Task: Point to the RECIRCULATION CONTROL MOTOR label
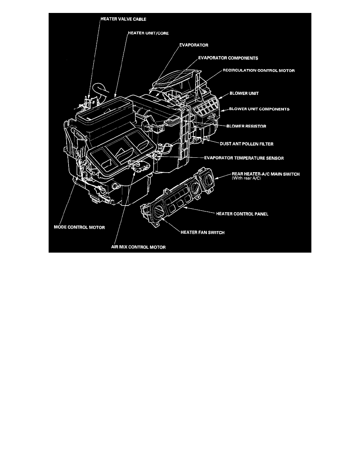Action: click(259, 71)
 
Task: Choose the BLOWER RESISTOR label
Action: click(247, 126)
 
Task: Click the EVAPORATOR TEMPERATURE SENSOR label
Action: click(244, 158)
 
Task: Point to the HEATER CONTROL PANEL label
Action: click(240, 214)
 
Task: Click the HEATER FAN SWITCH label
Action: click(202, 232)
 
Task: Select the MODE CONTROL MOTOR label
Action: click(79, 228)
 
